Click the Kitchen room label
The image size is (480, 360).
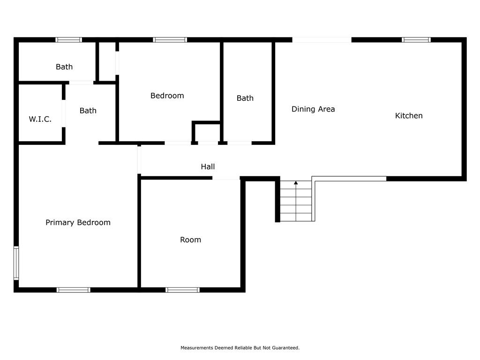click(409, 116)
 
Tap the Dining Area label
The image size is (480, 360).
click(313, 109)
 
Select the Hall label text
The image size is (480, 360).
click(208, 166)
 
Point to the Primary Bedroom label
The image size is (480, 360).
click(78, 223)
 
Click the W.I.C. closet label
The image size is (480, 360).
click(40, 119)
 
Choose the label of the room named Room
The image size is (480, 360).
click(190, 240)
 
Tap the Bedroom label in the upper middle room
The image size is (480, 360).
click(167, 96)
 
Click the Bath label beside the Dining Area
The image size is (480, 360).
click(245, 98)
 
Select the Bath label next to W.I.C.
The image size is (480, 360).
click(88, 111)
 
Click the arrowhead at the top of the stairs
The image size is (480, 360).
click(296, 183)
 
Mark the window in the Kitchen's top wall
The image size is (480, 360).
click(416, 40)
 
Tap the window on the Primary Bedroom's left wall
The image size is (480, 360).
click(16, 263)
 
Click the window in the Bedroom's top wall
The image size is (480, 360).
click(170, 40)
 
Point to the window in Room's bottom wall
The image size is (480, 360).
click(182, 290)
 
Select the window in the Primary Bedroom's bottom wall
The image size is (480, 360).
click(74, 290)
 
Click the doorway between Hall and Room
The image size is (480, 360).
click(226, 178)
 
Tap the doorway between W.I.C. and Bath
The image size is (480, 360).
click(64, 113)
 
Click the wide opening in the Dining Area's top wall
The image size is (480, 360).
click(322, 40)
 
